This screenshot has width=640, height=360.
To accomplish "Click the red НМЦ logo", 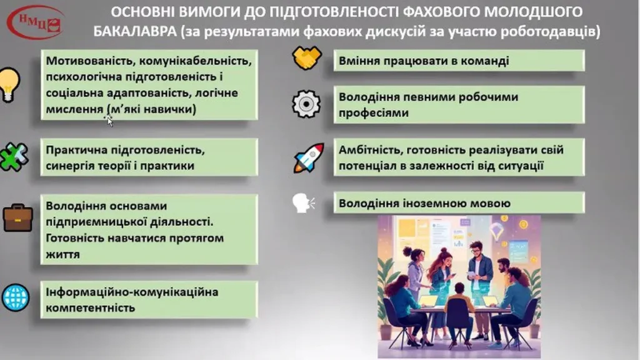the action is [36, 22].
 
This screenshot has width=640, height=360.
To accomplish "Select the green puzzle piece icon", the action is [14, 156].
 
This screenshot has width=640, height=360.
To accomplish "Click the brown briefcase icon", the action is [18, 218].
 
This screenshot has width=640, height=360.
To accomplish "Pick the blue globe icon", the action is [16, 297].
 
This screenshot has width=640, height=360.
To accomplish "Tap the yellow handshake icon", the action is [307, 57].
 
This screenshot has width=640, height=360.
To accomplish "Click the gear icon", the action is [306, 104].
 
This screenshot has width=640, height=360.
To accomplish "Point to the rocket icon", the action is [309, 157].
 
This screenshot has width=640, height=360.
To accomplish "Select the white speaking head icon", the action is [304, 203].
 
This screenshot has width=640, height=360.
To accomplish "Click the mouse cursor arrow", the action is [109, 120].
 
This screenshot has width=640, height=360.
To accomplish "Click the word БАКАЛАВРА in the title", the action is [135, 31].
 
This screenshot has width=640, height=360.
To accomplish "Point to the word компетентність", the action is [90, 307].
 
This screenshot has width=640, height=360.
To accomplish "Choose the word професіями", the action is [374, 113].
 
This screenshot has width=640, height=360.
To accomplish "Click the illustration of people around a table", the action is [459, 286].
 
